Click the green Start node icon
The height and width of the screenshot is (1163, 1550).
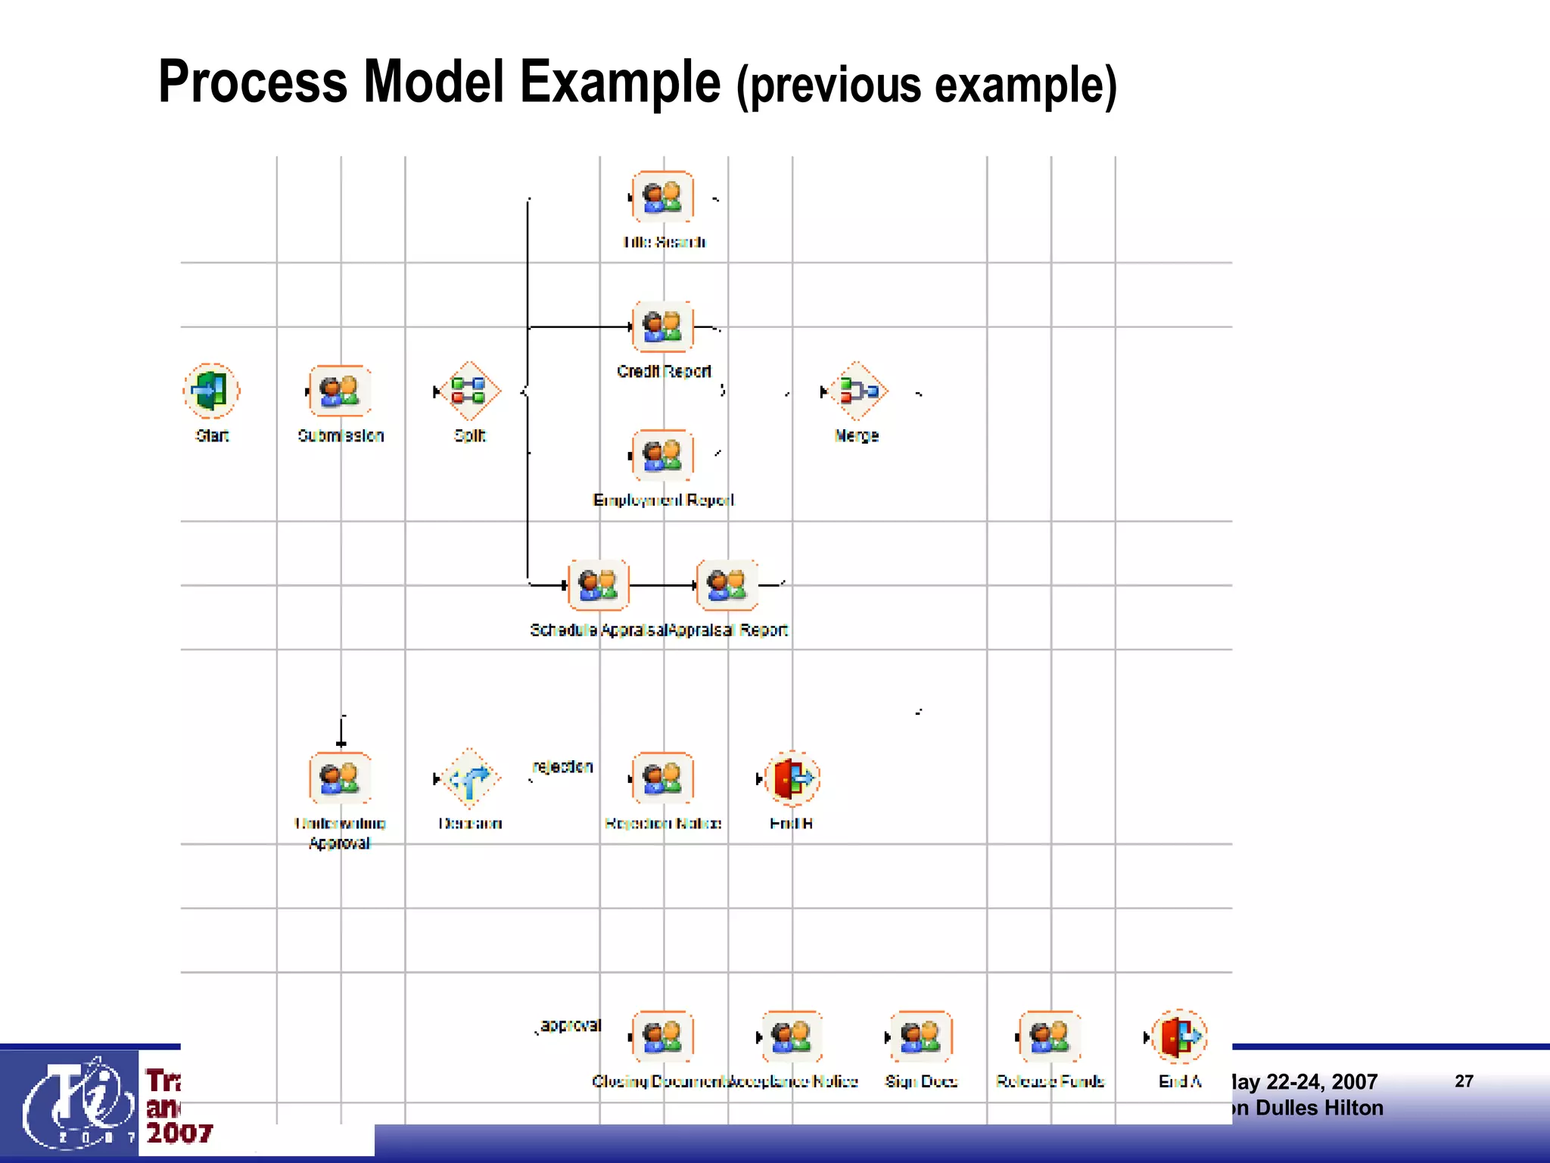pos(211,391)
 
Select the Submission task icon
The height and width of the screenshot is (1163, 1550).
pos(340,391)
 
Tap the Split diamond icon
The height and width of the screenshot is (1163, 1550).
pos(469,391)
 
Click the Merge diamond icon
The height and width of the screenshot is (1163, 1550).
pos(857,391)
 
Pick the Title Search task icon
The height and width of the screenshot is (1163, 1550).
pos(663,197)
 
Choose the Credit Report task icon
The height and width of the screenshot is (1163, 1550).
pos(663,326)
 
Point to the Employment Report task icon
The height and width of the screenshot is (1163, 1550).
pos(663,455)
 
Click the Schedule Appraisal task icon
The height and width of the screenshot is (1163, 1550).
pos(599,585)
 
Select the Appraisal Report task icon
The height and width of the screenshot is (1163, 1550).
pos(727,585)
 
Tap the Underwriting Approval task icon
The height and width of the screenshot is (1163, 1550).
pos(340,778)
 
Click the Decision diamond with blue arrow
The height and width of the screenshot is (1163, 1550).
pos(469,778)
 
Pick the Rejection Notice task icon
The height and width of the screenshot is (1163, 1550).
pos(663,778)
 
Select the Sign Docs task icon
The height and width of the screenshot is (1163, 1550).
pos(921,1036)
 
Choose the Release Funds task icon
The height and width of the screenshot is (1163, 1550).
pos(1050,1036)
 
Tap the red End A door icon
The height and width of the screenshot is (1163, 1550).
pos(1179,1036)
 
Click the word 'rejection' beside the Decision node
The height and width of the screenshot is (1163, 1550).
pos(563,766)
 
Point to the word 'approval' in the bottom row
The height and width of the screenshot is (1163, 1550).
pos(571,1025)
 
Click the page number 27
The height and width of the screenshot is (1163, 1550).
pos(1464,1081)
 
